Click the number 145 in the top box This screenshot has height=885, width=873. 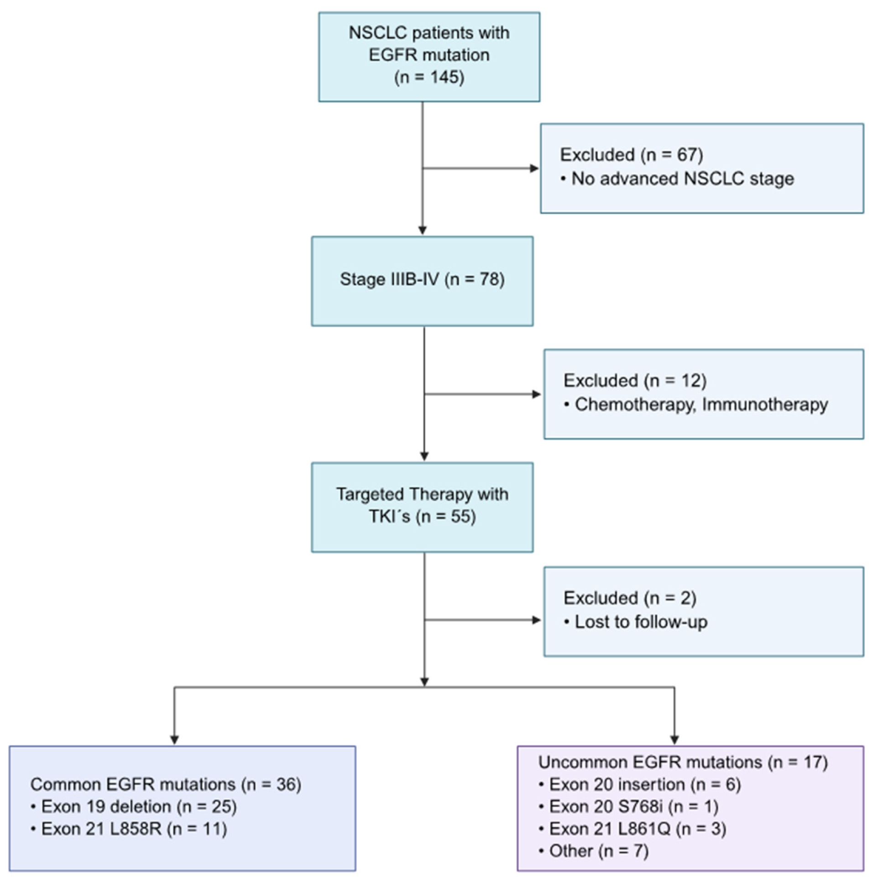tap(444, 77)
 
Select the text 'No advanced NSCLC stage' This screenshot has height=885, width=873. tap(682, 179)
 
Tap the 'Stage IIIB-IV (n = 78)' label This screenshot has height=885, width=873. tap(422, 279)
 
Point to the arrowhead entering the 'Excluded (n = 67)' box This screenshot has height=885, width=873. tap(534, 168)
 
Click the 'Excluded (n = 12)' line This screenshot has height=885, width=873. tap(634, 380)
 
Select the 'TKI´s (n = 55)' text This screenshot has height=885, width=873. tap(422, 516)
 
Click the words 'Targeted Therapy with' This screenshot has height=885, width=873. tap(422, 494)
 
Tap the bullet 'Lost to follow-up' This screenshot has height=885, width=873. tap(640, 622)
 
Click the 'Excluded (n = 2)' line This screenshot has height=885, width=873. tap(629, 598)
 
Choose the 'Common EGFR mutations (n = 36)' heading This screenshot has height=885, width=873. tap(166, 784)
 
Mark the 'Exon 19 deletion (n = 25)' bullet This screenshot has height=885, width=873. tap(139, 806)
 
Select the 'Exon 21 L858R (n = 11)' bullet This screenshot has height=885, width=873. tap(134, 828)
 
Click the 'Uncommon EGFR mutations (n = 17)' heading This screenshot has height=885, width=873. tap(683, 762)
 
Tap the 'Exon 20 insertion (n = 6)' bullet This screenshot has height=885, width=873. tap(644, 784)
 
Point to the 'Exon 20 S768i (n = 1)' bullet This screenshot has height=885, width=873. tap(633, 806)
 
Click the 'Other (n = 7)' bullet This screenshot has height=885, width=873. tap(598, 851)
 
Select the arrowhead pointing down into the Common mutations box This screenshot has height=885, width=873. tap(174, 739)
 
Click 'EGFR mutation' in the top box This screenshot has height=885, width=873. tap(429, 55)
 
